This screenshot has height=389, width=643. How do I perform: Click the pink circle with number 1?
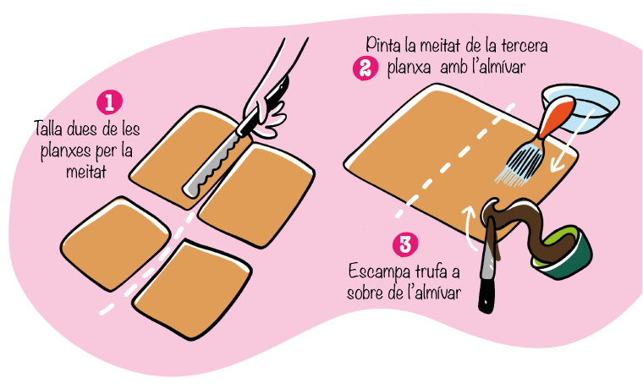[x=109, y=102]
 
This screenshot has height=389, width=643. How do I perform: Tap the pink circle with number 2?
[x=365, y=68]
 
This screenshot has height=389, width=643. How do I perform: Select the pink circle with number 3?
[x=405, y=244]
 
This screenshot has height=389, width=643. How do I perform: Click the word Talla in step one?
[x=48, y=129]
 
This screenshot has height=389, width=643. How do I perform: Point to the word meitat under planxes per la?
[x=86, y=171]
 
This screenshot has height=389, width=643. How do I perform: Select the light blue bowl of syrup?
[x=580, y=108]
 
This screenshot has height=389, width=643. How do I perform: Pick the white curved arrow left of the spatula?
[x=469, y=228]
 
